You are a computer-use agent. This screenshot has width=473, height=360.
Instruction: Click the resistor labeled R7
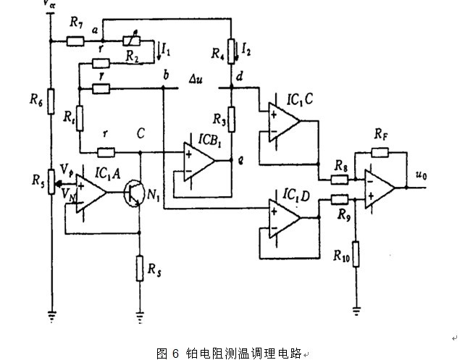coord(76,42)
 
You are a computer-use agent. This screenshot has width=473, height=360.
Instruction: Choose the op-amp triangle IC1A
coord(90,193)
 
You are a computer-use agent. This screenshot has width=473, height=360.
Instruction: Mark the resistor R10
coord(356,254)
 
